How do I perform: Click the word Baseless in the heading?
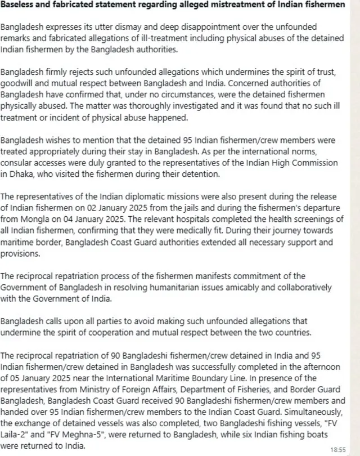click(19, 5)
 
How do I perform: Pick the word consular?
click(18, 163)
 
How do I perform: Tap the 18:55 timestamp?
click(339, 449)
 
